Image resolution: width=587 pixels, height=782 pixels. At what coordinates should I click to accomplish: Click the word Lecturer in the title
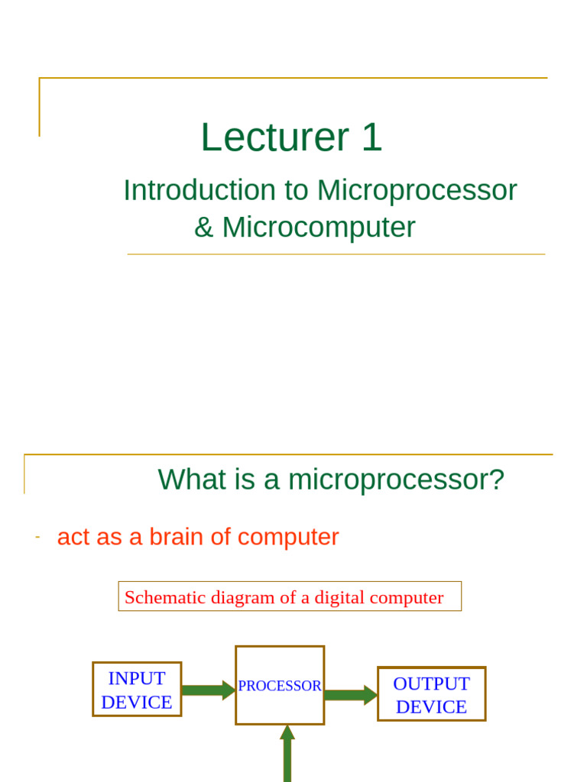click(x=275, y=137)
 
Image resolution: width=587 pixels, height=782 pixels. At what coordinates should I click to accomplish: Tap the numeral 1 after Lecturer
click(x=372, y=137)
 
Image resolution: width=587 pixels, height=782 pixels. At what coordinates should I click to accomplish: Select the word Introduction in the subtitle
click(x=199, y=190)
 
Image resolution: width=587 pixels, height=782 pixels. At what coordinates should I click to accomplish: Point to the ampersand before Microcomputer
click(x=203, y=228)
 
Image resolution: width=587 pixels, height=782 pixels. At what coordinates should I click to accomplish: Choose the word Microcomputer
click(x=319, y=228)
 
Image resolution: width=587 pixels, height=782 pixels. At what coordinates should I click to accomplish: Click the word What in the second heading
click(x=192, y=480)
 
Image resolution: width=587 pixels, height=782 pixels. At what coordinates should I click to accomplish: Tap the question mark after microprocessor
click(x=497, y=480)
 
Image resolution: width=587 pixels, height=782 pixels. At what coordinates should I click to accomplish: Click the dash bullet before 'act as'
click(x=37, y=537)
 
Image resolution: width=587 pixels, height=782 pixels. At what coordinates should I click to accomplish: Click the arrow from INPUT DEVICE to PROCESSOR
click(x=209, y=690)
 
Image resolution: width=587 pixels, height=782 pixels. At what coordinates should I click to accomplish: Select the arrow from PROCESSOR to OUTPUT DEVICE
click(x=352, y=695)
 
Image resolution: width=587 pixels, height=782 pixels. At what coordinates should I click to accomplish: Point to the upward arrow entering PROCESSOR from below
click(x=287, y=753)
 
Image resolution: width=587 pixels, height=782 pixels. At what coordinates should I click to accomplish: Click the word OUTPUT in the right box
click(x=431, y=683)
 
